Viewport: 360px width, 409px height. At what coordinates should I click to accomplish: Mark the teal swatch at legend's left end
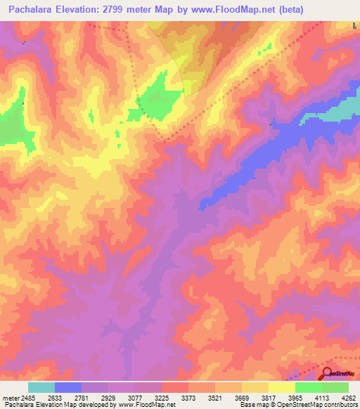(x=41, y=387)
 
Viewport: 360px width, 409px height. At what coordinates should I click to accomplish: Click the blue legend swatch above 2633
(x=68, y=387)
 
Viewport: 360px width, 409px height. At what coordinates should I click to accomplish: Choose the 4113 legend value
(x=309, y=397)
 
